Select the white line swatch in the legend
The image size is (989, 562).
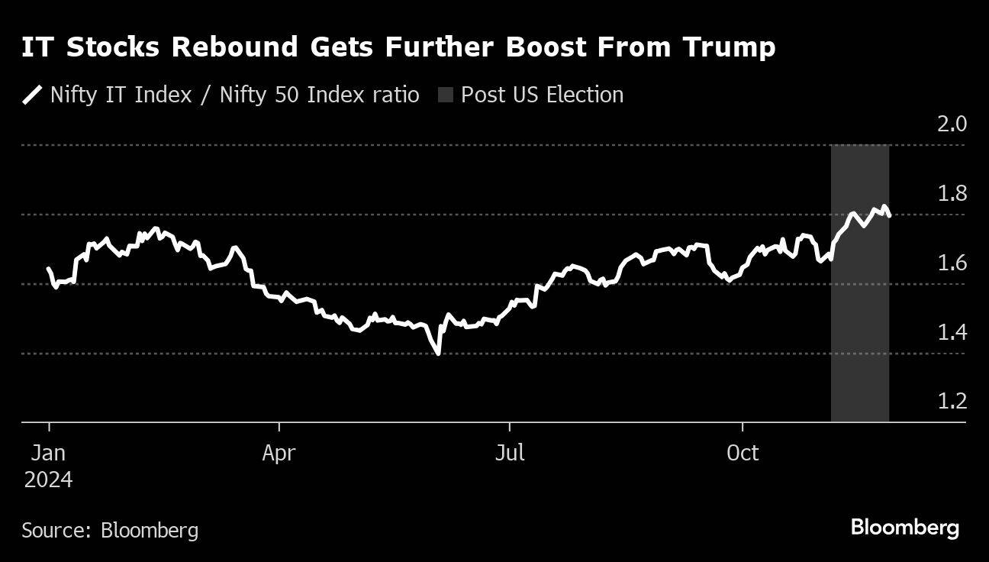click(x=32, y=95)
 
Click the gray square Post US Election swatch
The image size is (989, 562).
click(x=446, y=95)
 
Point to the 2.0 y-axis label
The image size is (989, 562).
click(x=951, y=124)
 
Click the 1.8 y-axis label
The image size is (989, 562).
click(x=951, y=193)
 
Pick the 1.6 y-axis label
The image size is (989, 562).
click(x=951, y=263)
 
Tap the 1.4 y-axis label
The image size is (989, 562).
click(x=951, y=332)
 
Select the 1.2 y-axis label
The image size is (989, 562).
click(x=951, y=402)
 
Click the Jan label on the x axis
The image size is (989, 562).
click(x=49, y=453)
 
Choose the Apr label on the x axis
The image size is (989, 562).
click(x=279, y=453)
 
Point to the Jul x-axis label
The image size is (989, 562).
click(x=510, y=453)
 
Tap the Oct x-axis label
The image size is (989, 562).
click(x=743, y=453)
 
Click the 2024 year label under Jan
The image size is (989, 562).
click(x=49, y=480)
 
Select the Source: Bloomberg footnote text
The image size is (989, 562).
click(x=110, y=530)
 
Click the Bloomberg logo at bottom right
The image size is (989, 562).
click(x=904, y=527)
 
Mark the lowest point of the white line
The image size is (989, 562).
click(x=438, y=353)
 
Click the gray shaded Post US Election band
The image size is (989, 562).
click(x=860, y=321)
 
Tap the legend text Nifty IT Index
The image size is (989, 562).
click(x=121, y=95)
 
